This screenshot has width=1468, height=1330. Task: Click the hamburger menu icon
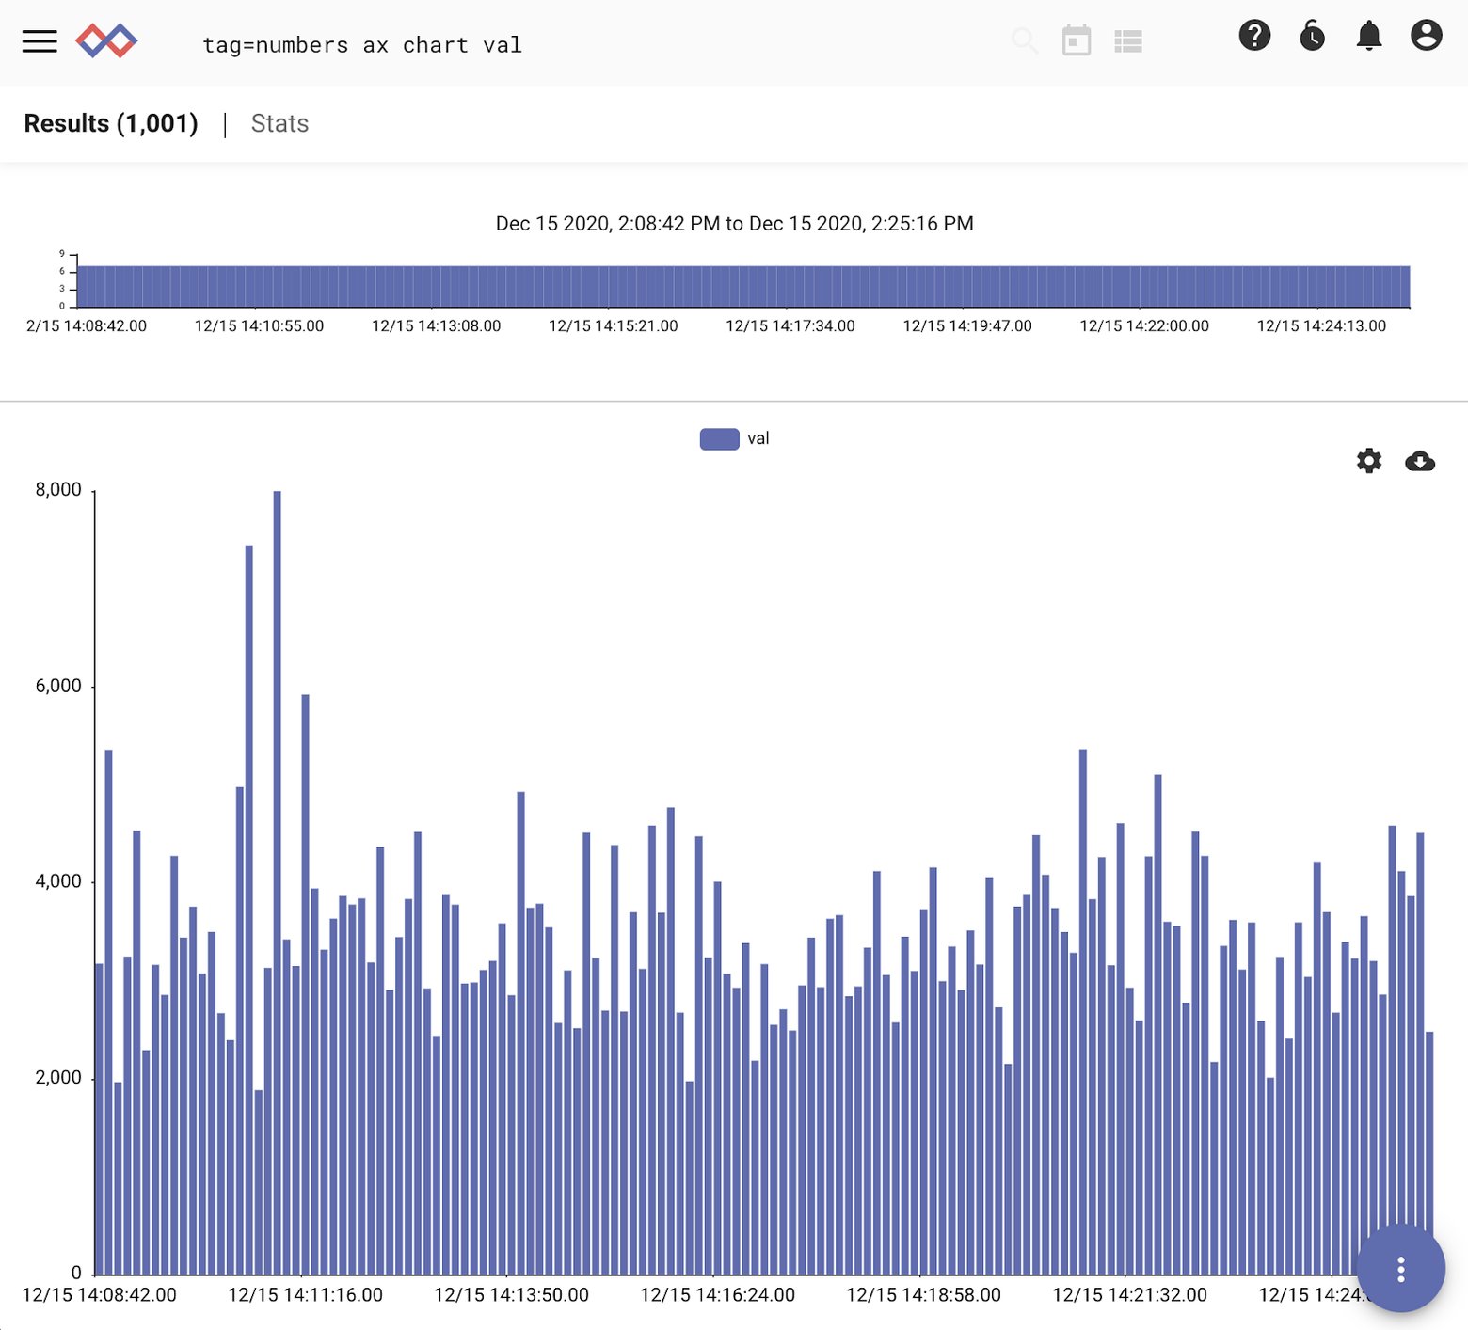[40, 41]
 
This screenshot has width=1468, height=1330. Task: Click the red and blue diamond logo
[106, 41]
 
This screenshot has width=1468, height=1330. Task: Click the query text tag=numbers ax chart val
[362, 45]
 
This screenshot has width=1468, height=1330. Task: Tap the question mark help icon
[1253, 36]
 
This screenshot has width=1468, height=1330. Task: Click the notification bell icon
[1368, 36]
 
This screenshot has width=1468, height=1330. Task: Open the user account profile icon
[1426, 36]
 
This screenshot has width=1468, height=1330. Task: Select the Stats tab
[279, 123]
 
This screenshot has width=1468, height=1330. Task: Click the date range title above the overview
[734, 224]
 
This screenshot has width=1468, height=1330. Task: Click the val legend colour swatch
[719, 439]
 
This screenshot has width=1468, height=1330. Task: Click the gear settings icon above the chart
[1368, 461]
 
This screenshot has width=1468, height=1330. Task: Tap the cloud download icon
[1419, 461]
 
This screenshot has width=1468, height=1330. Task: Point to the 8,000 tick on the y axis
[58, 490]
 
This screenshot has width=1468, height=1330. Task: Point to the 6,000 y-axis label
[58, 686]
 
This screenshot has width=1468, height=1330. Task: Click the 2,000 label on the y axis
[58, 1077]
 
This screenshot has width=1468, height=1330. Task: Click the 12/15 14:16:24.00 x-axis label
[717, 1295]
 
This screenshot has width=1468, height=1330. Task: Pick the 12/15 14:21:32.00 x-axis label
[1129, 1295]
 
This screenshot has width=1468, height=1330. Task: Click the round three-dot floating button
[1400, 1269]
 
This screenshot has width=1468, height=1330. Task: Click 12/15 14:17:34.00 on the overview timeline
[790, 326]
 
